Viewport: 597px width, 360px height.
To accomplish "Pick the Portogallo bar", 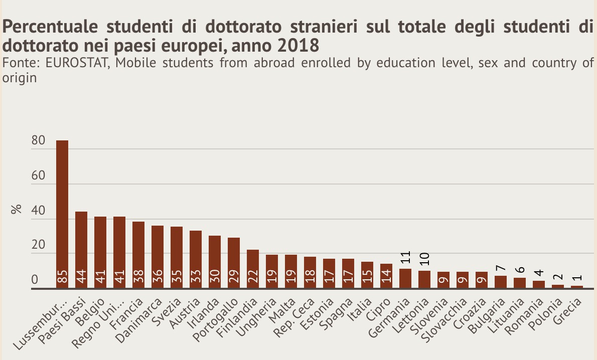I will (x=234, y=263).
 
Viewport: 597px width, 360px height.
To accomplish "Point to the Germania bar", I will (x=405, y=278).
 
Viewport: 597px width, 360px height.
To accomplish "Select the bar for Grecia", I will (x=577, y=287).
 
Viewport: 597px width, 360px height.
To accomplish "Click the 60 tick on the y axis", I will (x=38, y=176).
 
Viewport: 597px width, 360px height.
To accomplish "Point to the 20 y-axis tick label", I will (x=38, y=246).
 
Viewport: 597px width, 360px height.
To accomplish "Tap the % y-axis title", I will (x=16, y=210).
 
